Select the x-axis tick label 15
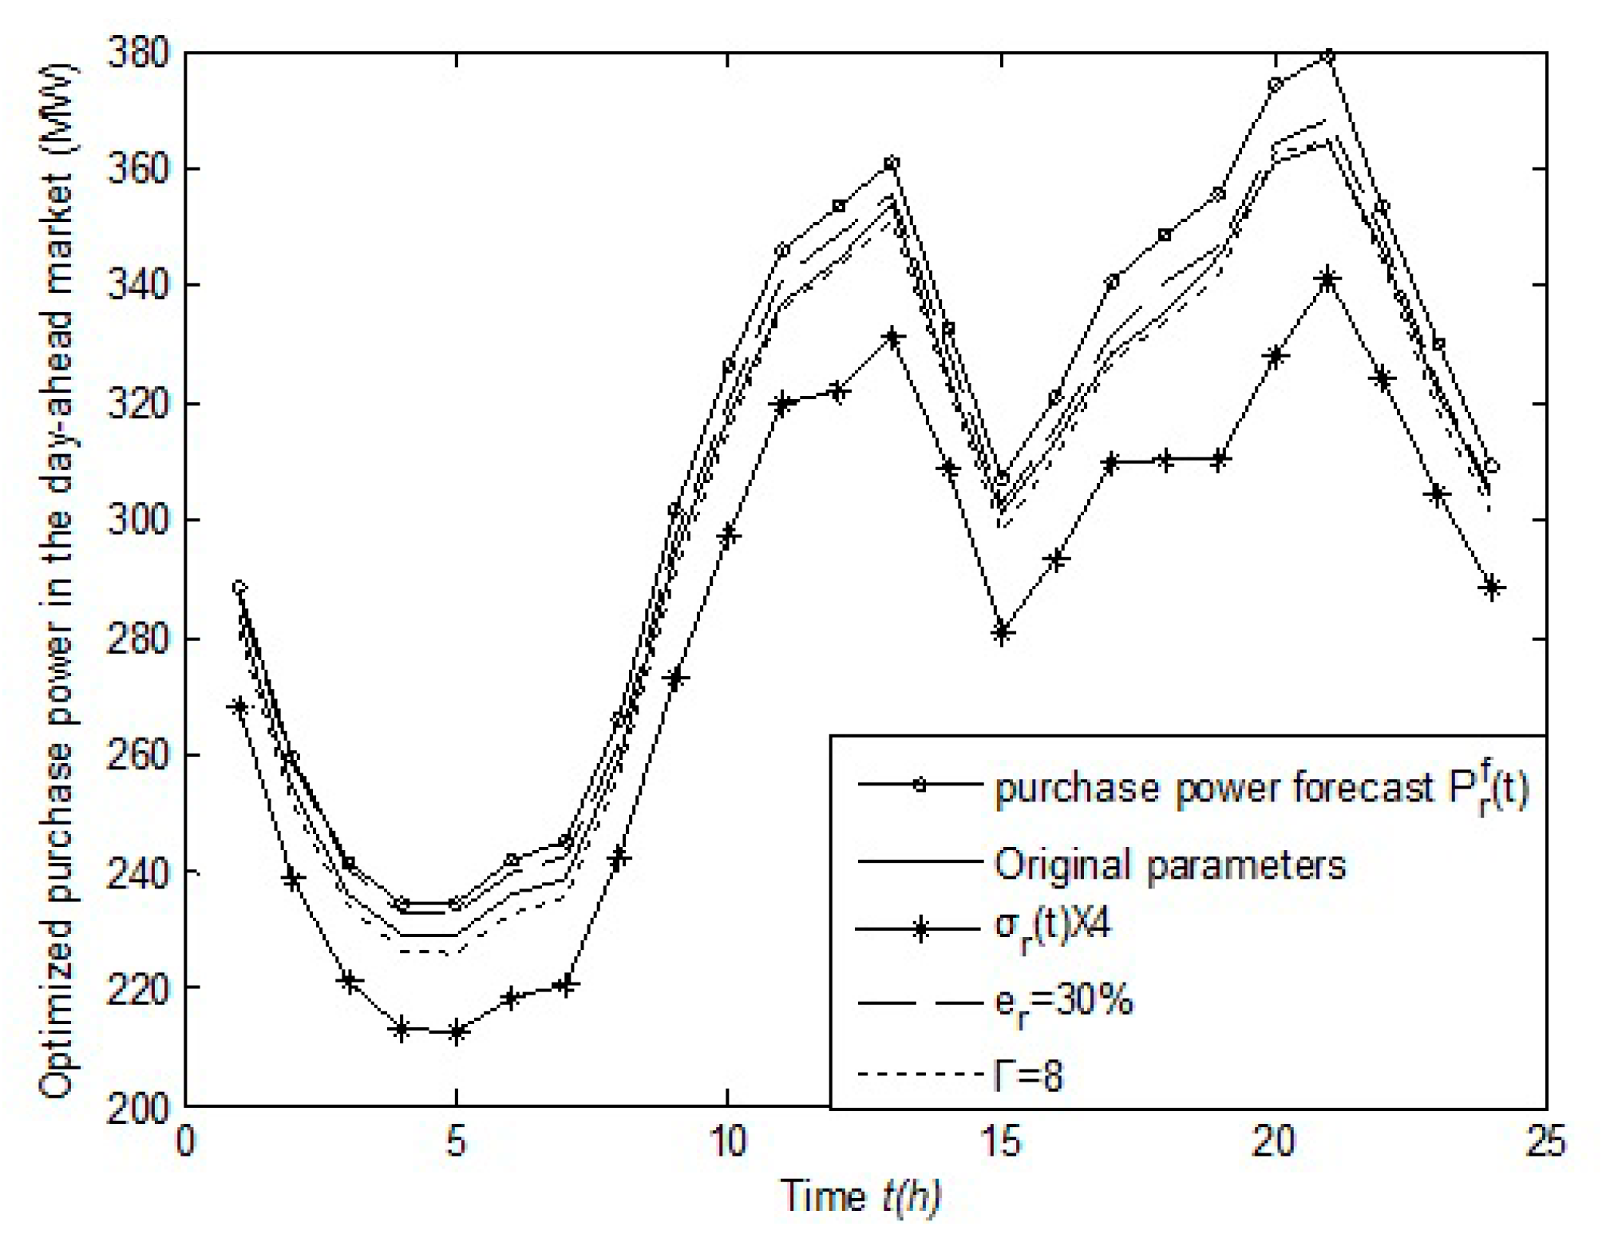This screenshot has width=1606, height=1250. tap(1001, 1142)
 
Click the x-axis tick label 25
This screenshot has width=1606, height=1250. tap(1545, 1142)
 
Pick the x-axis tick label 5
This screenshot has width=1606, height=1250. tap(456, 1142)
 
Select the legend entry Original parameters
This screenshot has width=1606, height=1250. tap(1169, 865)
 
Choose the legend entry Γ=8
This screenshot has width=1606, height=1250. tap(1029, 1075)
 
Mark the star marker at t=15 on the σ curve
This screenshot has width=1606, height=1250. tap(1002, 633)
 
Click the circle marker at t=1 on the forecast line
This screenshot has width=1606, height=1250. tap(239, 588)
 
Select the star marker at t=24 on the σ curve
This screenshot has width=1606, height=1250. tap(1491, 588)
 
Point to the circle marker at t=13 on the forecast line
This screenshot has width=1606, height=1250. tap(892, 164)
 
